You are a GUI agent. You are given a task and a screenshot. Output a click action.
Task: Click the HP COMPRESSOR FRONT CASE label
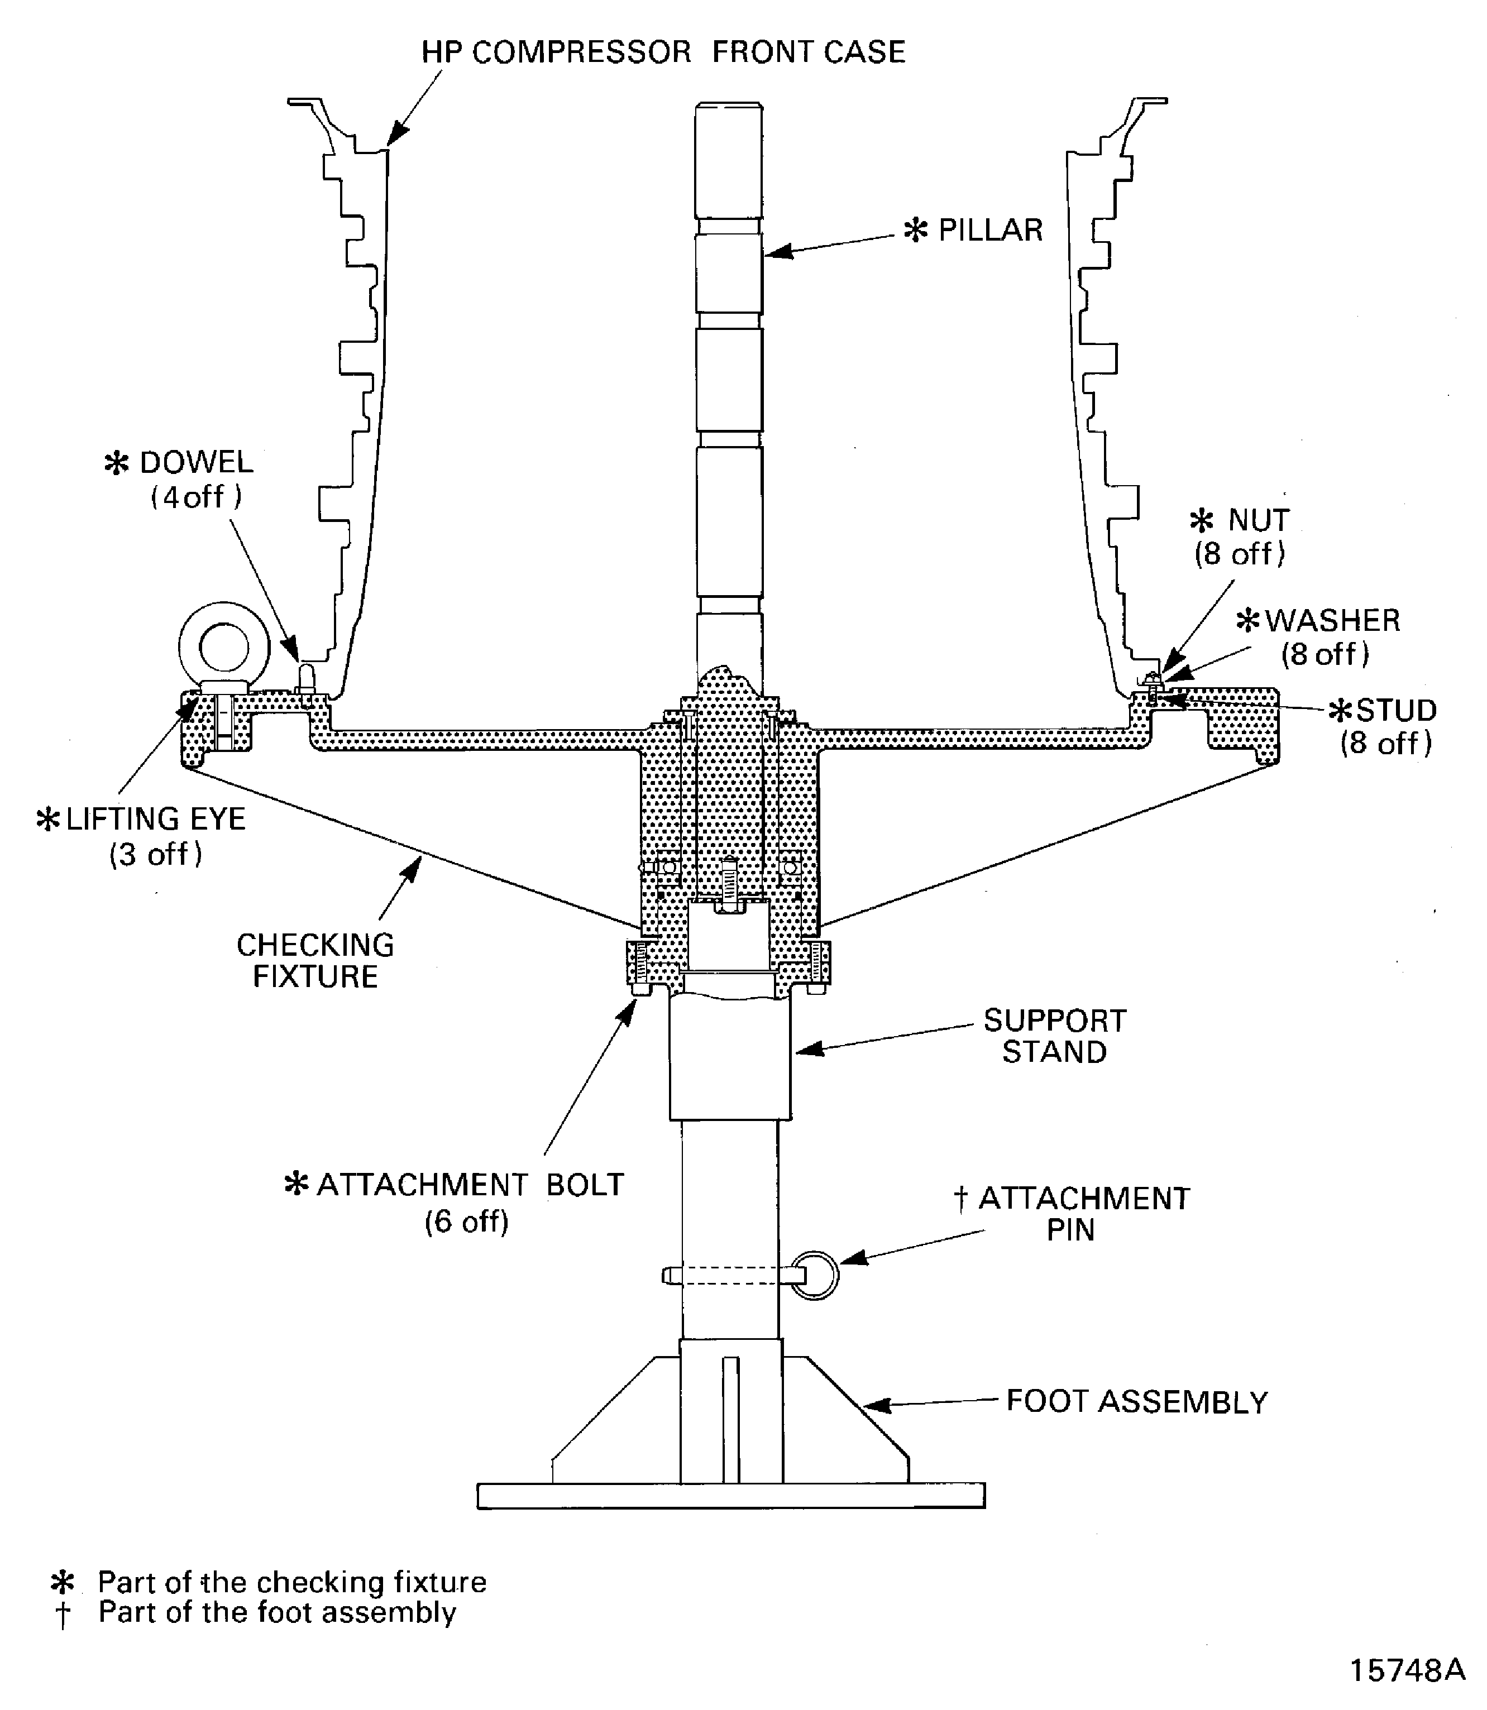coord(662,52)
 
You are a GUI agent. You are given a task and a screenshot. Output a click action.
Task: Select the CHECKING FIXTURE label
coord(315,960)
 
